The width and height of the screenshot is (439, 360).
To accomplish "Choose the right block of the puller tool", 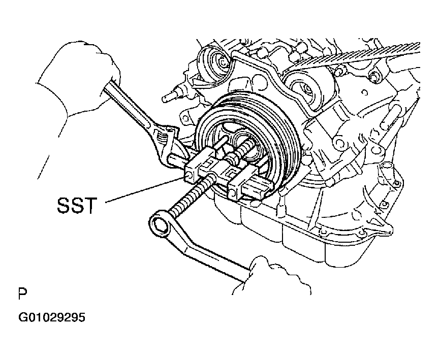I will pyautogui.click(x=248, y=186).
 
